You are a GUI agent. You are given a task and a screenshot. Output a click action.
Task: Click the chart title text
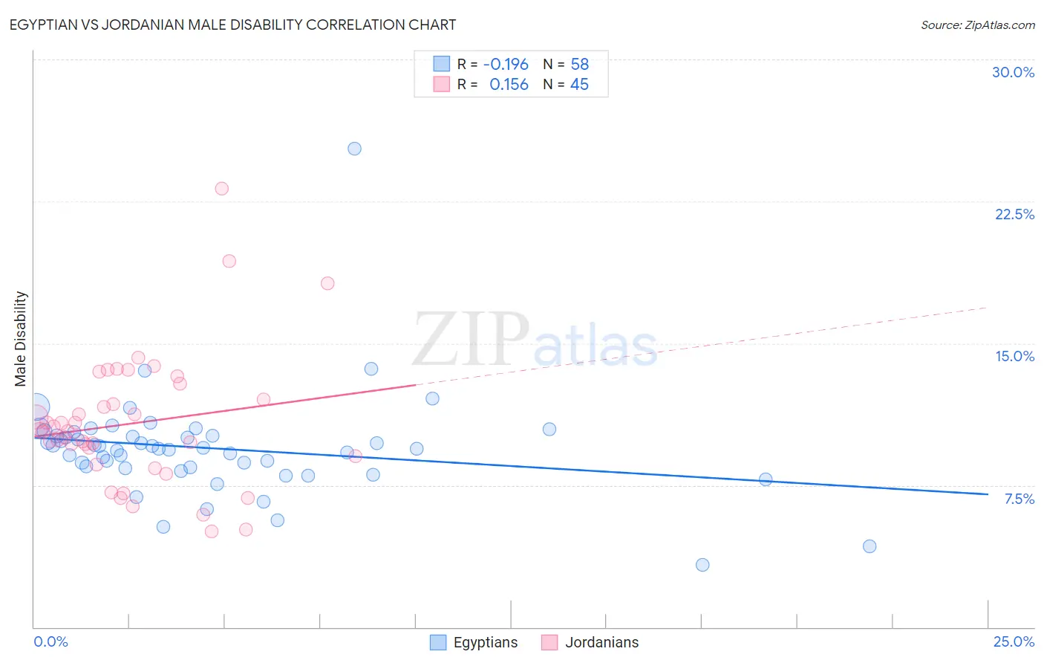232,25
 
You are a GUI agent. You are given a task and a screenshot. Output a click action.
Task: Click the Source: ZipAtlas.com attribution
977,25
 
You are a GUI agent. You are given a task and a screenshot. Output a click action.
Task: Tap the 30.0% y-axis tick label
1013,72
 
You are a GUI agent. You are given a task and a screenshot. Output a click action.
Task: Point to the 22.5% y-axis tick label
1014,214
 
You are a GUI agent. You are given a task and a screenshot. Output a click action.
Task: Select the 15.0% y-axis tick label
1014,356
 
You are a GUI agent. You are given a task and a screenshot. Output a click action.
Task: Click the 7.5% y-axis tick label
1019,499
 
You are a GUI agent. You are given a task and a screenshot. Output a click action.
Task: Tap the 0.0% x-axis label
50,641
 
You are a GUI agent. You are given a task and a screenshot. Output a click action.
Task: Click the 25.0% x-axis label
1014,641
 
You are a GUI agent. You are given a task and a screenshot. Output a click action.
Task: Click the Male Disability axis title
21,339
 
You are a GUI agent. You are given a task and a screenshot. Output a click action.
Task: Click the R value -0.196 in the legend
506,64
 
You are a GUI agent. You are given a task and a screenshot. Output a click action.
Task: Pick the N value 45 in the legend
579,85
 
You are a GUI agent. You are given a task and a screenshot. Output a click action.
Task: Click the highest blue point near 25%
355,149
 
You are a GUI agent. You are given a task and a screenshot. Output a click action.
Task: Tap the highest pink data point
221,189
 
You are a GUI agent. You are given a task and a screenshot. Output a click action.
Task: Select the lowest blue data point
702,565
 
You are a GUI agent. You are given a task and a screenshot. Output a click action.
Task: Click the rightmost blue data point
870,546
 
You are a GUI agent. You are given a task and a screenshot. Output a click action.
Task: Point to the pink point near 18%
327,283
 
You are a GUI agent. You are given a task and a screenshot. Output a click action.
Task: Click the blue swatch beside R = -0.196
442,64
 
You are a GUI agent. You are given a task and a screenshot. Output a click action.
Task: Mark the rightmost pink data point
355,456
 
